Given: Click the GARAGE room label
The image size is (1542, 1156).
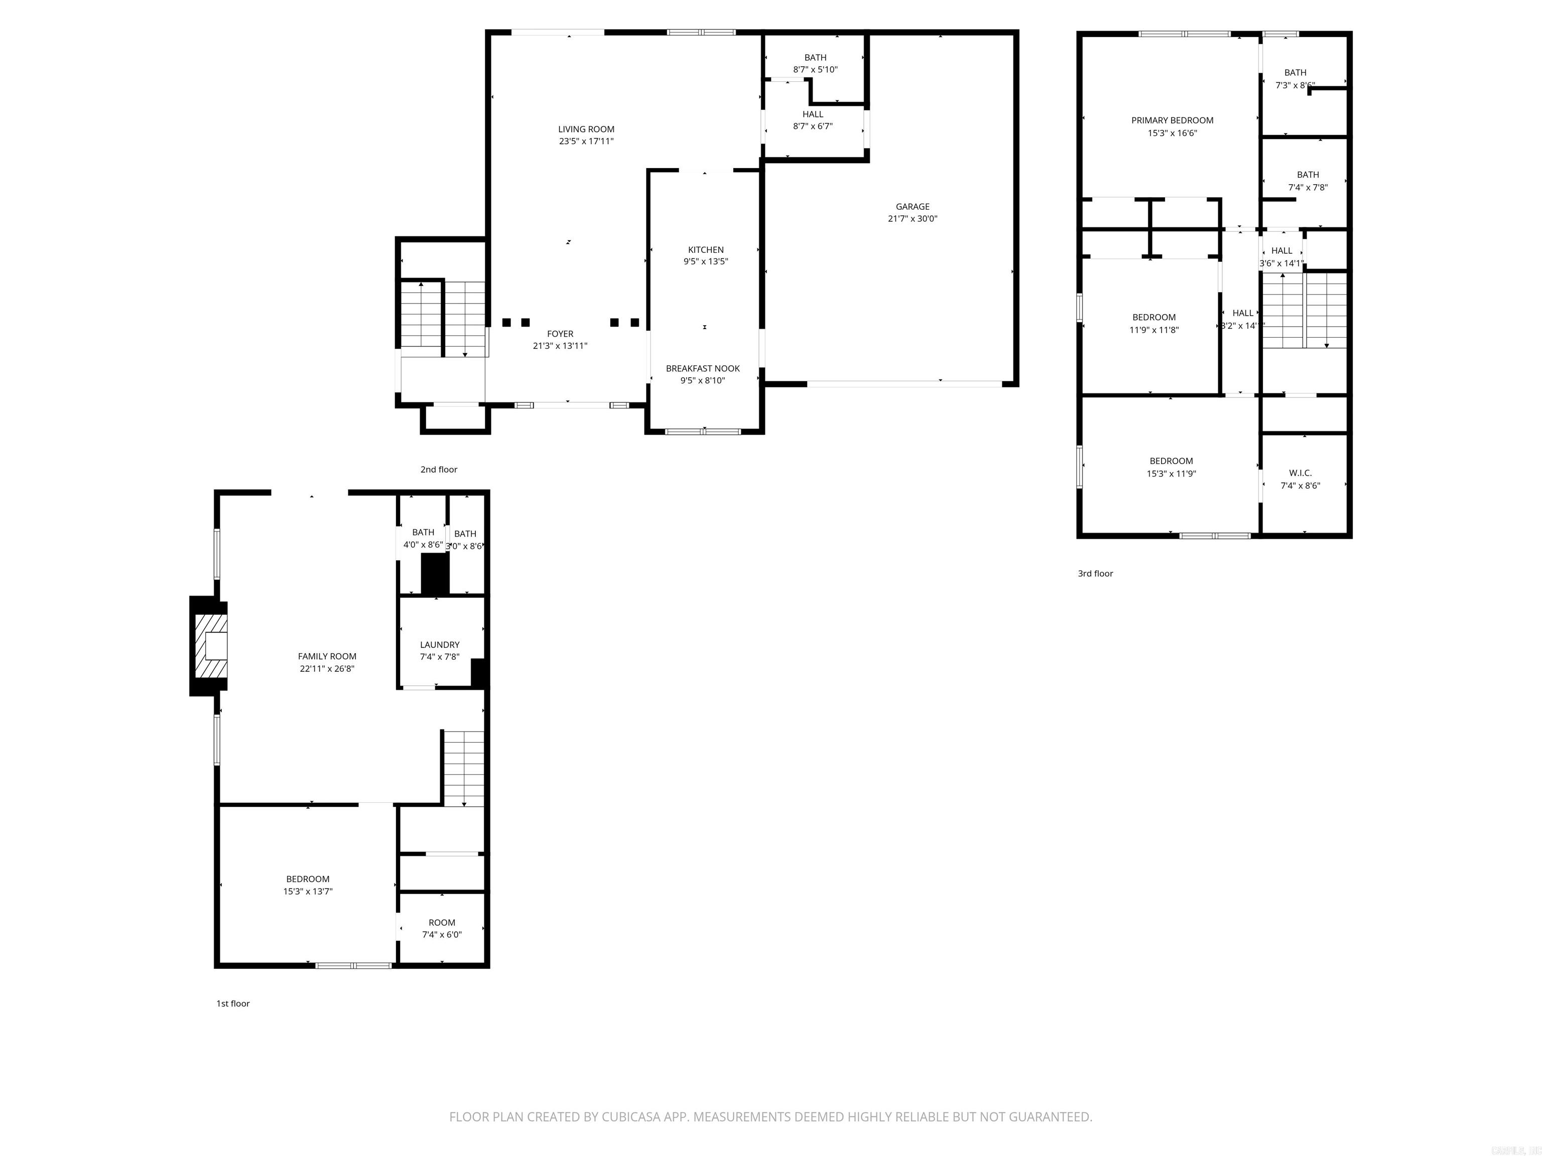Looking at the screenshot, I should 912,206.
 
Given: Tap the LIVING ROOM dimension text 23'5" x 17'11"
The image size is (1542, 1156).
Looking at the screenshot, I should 586,141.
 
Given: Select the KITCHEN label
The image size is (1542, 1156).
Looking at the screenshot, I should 705,249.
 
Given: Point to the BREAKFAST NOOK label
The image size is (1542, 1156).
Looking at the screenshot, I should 703,369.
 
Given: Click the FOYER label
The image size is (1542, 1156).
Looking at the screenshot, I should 560,334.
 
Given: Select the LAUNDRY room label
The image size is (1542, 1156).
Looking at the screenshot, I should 439,645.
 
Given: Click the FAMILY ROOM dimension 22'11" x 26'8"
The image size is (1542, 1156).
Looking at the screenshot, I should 327,669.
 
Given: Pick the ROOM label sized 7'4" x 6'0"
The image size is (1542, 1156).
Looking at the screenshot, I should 441,922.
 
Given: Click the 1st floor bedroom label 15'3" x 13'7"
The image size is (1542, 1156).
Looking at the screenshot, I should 307,885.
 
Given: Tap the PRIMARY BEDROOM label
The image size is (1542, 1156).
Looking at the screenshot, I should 1172,120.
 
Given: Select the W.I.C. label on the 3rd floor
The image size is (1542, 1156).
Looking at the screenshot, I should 1300,473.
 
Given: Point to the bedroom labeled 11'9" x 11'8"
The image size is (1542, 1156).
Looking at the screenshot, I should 1153,323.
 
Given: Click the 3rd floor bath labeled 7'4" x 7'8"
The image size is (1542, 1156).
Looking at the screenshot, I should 1308,181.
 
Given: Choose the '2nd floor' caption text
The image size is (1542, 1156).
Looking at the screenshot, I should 439,470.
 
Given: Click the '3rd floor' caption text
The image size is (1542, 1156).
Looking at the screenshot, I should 1095,573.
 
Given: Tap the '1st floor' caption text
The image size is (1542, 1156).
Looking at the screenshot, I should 233,1003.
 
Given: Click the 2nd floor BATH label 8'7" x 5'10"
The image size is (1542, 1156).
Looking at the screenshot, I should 815,63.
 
